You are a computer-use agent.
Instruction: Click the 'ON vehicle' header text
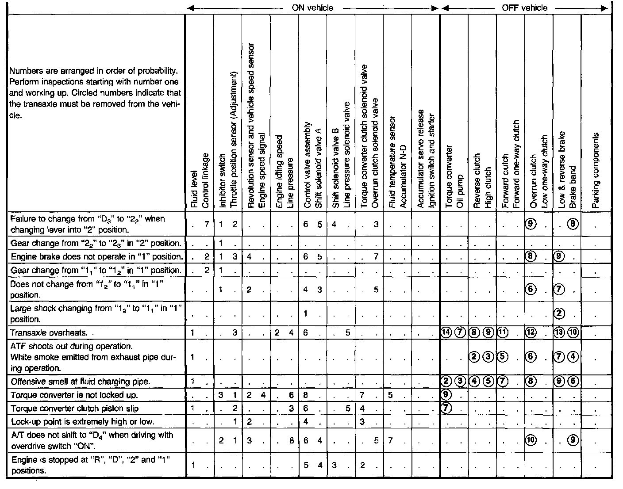[x=312, y=8]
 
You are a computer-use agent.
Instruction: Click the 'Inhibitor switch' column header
[x=222, y=181]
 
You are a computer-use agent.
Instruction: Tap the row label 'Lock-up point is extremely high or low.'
[x=83, y=421]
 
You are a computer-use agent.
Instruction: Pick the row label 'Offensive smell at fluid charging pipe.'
[x=80, y=382]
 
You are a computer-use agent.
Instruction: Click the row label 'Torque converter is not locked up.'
[x=74, y=395]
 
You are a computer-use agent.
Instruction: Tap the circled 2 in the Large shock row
[x=559, y=313]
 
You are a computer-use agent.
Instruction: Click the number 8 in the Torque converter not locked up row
[x=306, y=395]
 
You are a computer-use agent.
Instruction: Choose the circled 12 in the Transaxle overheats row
[x=531, y=333]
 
